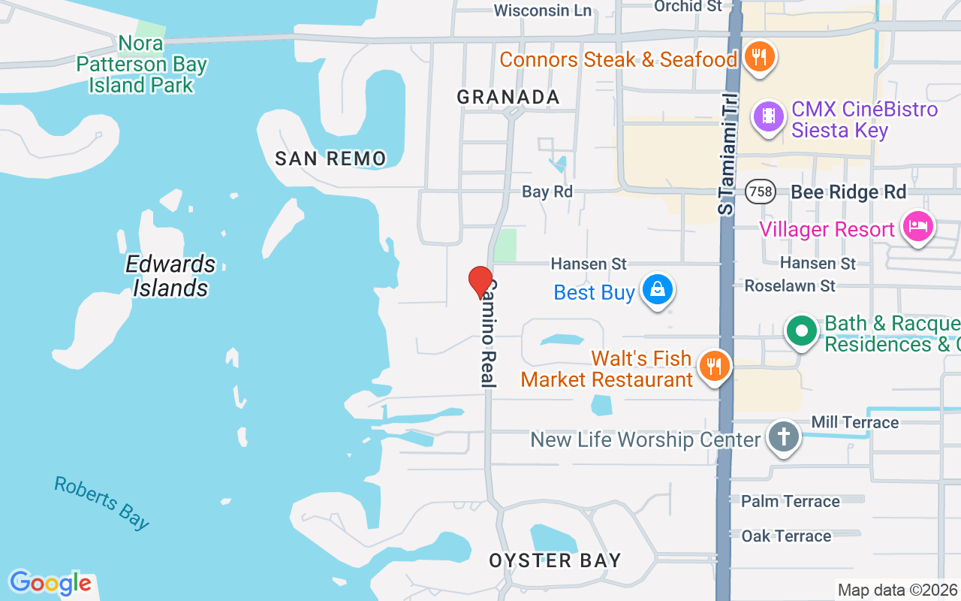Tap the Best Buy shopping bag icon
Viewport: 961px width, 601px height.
[x=658, y=289]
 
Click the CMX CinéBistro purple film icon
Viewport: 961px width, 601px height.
[x=768, y=116]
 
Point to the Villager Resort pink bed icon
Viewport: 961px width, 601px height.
[x=918, y=225]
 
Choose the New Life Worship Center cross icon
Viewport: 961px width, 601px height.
[x=784, y=436]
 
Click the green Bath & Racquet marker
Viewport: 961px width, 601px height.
[x=802, y=331]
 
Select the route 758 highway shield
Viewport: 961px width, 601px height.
[x=760, y=192]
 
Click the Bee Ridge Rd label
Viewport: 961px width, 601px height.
[x=848, y=192]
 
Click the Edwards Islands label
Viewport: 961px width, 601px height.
[x=170, y=276]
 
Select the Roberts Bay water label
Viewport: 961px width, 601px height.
[x=101, y=503]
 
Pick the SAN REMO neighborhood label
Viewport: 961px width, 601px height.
[x=330, y=159]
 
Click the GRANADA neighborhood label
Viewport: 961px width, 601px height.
[x=508, y=97]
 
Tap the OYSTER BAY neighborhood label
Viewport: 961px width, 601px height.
[x=555, y=560]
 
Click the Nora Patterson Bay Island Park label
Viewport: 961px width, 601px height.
[x=141, y=64]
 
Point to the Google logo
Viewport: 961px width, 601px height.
[x=50, y=583]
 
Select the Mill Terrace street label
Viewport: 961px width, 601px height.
[x=854, y=422]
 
